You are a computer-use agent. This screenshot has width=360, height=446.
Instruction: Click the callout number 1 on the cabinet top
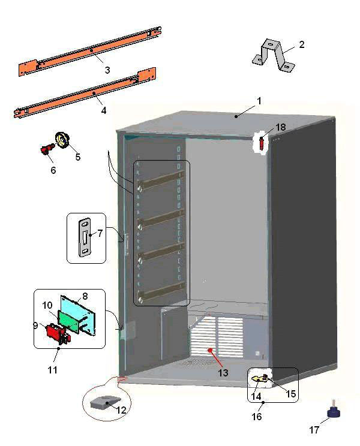coord(259,101)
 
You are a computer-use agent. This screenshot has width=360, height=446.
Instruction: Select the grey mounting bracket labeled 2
coord(272,53)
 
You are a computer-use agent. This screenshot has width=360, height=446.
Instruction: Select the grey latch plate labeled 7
coord(85,238)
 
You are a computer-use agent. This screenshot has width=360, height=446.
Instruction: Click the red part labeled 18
coord(263,143)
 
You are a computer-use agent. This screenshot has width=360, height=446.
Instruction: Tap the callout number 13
coord(223,373)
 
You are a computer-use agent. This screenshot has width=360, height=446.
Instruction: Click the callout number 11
coord(53,370)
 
